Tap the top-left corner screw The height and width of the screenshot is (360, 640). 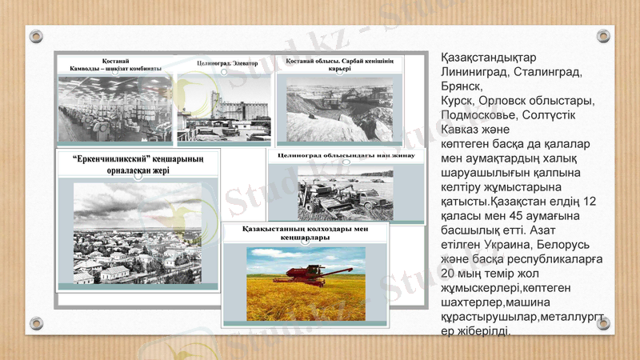tap(36, 36)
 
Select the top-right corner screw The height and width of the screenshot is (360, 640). tap(604, 36)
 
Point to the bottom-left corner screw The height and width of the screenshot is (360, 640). tap(36, 323)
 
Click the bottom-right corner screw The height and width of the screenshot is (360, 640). tap(604, 323)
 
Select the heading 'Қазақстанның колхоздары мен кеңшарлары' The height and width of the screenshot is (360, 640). tap(304, 233)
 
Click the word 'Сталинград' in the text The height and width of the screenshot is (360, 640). tap(546, 72)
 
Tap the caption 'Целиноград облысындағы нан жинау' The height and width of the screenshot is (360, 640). tap(346, 154)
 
